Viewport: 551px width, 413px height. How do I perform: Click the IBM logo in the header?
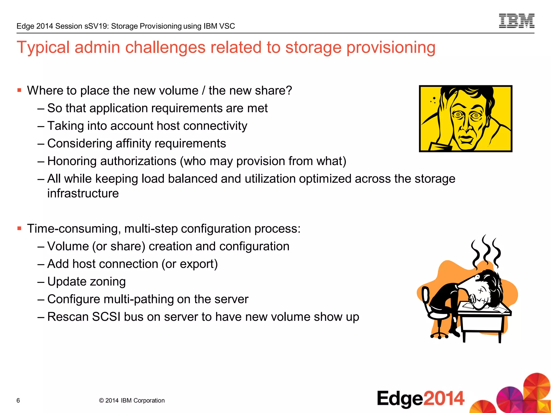click(x=517, y=21)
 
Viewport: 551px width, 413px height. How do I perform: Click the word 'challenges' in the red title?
click(x=165, y=48)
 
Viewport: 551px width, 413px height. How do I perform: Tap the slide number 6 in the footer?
click(x=18, y=400)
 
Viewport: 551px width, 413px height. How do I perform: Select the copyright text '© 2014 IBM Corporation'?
click(x=132, y=400)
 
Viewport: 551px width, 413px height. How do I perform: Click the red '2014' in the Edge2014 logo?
click(x=444, y=398)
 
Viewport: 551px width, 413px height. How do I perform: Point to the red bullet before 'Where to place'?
click(x=19, y=90)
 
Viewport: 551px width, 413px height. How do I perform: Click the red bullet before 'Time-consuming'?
click(x=19, y=228)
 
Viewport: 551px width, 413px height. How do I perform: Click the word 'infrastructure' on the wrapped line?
click(x=83, y=193)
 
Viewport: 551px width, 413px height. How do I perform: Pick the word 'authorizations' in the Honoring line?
click(x=139, y=161)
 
